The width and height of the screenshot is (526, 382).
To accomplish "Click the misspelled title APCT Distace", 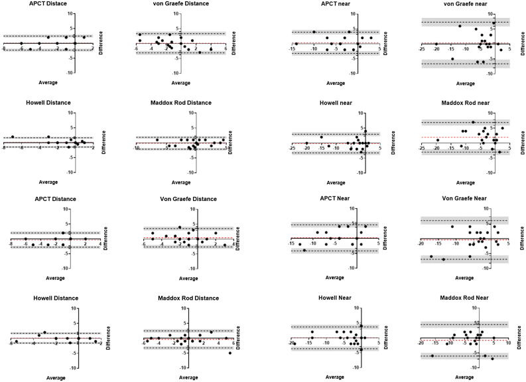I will pyautogui.click(x=48, y=4).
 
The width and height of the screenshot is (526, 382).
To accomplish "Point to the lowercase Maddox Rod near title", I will pyautogui.click(x=465, y=103).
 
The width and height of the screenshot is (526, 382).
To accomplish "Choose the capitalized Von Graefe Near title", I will pyautogui.click(x=464, y=199).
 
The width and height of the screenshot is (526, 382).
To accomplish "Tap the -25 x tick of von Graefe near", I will pyautogui.click(x=423, y=48).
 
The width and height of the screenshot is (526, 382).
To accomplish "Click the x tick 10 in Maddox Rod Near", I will pyautogui.click(x=508, y=344).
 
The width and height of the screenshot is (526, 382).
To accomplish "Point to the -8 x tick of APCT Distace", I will pyautogui.click(x=5, y=48).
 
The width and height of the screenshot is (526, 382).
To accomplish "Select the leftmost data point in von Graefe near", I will pyautogui.click(x=436, y=44).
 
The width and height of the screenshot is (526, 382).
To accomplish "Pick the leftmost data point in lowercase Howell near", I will pyautogui.click(x=307, y=143).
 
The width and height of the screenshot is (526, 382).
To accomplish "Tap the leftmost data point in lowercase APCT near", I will pyautogui.click(x=296, y=44).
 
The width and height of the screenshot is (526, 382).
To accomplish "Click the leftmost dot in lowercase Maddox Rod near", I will pyautogui.click(x=438, y=140).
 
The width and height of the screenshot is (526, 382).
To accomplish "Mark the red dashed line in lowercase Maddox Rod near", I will pyautogui.click(x=451, y=137).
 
